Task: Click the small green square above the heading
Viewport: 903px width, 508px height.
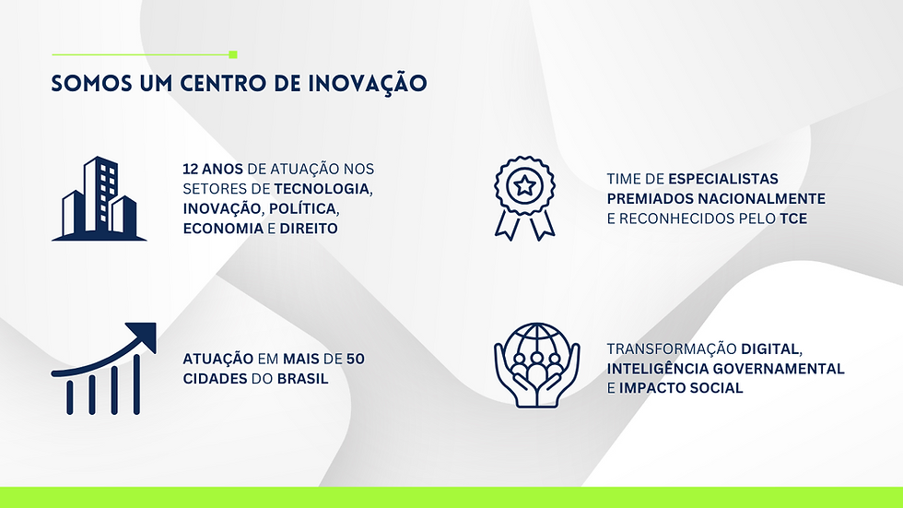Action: [233, 54]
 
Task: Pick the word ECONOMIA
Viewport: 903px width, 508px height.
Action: [223, 229]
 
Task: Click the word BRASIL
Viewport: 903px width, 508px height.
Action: [302, 379]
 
